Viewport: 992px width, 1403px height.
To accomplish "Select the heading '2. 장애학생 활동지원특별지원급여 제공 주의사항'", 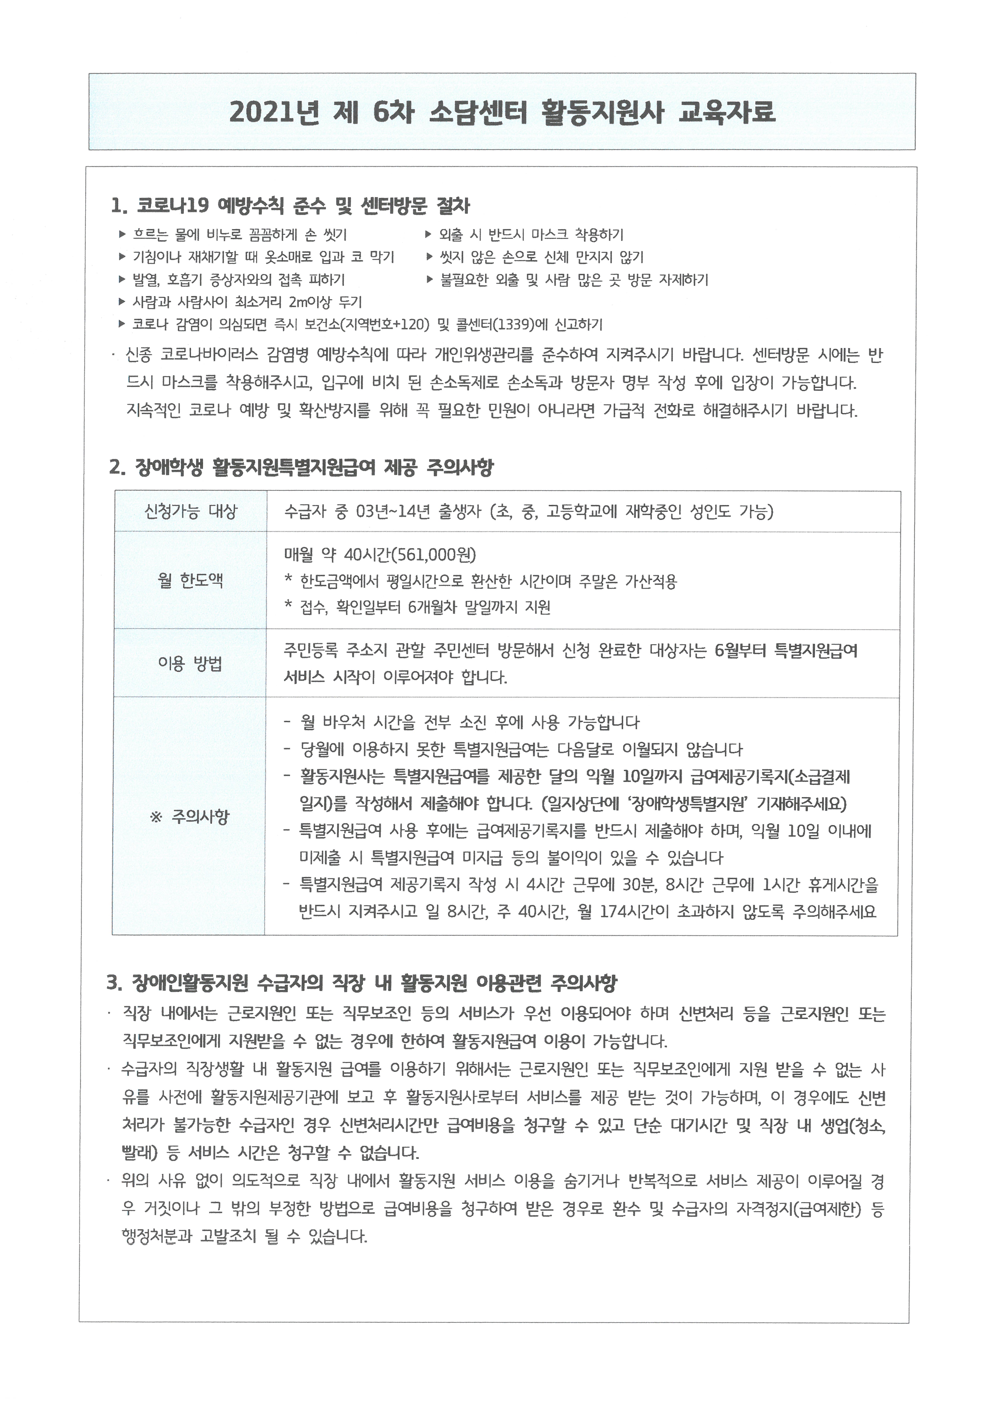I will coord(301,468).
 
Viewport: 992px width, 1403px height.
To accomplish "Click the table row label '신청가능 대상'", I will coord(190,511).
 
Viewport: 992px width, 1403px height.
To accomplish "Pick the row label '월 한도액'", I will coord(190,580).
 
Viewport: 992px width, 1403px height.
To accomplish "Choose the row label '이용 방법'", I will coord(190,664).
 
